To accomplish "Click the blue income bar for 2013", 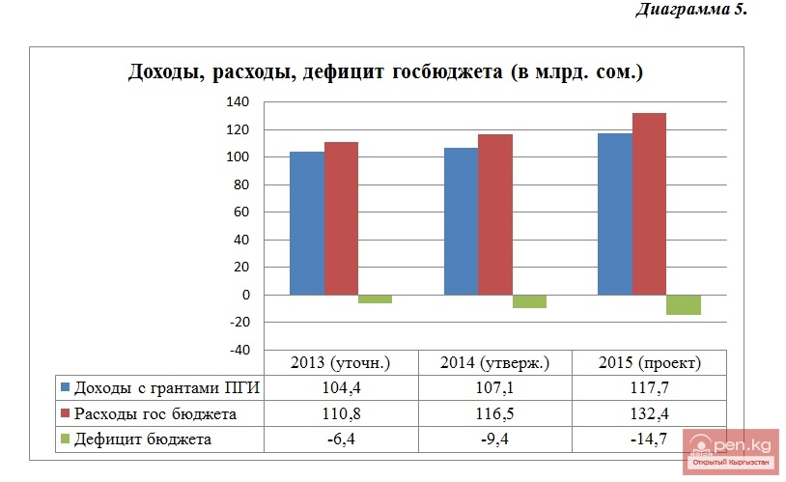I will [307, 223].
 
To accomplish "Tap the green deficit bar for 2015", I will [683, 304].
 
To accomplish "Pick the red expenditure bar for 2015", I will [649, 204].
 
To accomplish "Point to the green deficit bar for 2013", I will [375, 298].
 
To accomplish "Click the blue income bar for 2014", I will [461, 221].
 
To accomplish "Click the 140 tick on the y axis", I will [237, 102].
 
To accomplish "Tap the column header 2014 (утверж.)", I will [494, 363].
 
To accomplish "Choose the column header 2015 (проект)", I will [649, 363].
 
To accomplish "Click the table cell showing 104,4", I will [340, 388].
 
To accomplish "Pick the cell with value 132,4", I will [649, 414].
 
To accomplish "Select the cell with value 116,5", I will [494, 414].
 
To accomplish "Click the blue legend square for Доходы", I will [66, 388].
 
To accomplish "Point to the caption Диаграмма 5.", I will [692, 11].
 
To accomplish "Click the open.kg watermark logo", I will [731, 450].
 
